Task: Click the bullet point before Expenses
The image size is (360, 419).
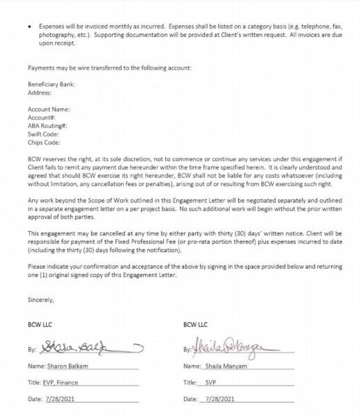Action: [x=30, y=27]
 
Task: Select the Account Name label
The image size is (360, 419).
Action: [x=49, y=109]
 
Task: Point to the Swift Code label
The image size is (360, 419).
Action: [x=43, y=134]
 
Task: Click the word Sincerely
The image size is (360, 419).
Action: [x=41, y=299]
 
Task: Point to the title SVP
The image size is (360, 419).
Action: [x=211, y=382]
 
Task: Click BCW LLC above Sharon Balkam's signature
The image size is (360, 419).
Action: [x=39, y=324]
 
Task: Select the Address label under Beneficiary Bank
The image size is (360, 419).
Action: [x=39, y=93]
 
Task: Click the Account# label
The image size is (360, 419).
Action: [x=41, y=118]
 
